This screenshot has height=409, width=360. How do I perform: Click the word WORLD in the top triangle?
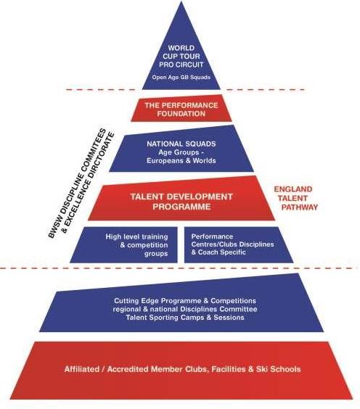click(181, 48)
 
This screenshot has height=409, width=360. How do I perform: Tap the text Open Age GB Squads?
click(181, 78)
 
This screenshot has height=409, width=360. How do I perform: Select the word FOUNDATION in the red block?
click(181, 114)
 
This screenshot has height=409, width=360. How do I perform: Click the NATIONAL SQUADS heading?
click(181, 144)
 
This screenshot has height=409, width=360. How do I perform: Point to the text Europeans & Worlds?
click(181, 160)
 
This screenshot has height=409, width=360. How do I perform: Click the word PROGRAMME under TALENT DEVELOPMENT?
click(181, 207)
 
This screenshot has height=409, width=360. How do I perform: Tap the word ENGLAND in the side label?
click(293, 189)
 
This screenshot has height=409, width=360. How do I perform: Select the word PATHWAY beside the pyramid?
click(300, 207)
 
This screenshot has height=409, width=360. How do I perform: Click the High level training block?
click(123, 244)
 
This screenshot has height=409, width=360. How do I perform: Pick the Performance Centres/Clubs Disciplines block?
click(238, 244)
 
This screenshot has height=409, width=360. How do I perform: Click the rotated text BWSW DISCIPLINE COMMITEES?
click(77, 183)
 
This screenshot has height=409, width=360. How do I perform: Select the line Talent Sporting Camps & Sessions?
click(185, 318)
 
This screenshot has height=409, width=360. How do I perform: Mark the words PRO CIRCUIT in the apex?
click(181, 65)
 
